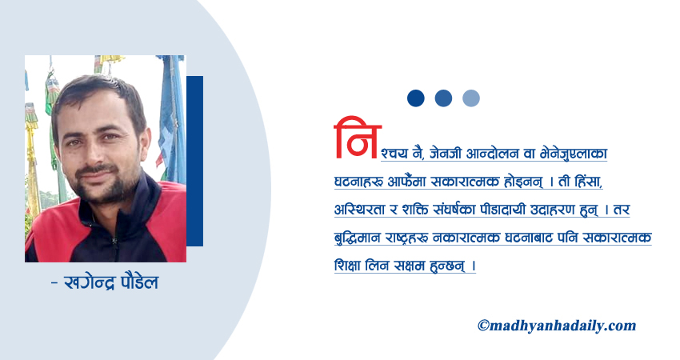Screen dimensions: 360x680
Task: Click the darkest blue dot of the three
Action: coord(415,98)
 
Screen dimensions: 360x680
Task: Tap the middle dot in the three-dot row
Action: coord(443,98)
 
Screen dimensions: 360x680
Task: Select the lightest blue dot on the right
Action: coord(471,98)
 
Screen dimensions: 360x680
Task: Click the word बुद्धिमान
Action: coord(360,238)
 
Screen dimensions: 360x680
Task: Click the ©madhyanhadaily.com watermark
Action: coord(556,326)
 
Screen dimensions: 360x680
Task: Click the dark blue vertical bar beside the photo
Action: coord(194,160)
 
